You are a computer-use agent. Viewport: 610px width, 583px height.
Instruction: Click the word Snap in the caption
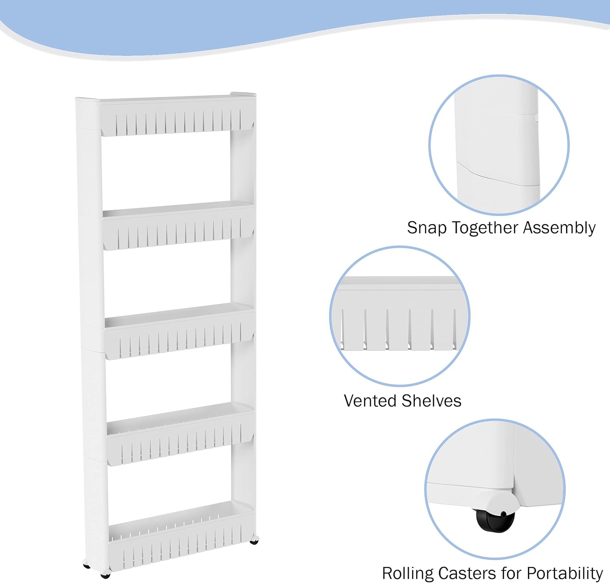coord(427,228)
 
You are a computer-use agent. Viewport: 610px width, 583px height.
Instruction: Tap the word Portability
coord(565,574)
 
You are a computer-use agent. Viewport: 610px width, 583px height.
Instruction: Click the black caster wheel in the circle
coord(495,520)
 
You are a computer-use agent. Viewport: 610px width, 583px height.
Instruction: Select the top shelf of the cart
coord(177,115)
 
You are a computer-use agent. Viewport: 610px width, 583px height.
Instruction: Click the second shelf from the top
coord(178,225)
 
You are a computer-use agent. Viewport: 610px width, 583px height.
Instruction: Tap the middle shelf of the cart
coord(179,331)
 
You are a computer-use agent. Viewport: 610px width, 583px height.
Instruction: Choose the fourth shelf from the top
coord(180,434)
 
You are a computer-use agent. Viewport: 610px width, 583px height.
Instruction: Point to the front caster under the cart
coord(105,575)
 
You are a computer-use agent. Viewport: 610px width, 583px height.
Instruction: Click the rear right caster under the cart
coord(255,540)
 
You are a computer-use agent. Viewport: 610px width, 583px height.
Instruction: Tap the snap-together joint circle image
coord(499,145)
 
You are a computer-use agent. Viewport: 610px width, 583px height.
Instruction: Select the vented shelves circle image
coord(400,316)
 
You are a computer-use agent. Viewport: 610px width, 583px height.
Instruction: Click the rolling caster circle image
coord(495,489)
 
